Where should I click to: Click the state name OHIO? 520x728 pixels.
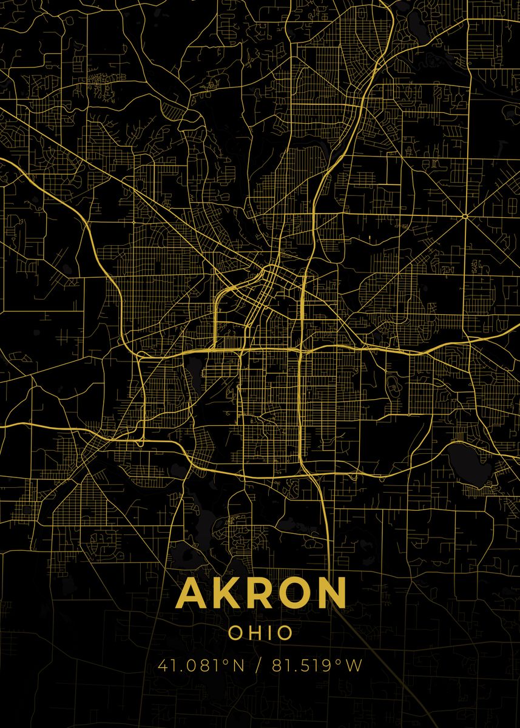[260, 633]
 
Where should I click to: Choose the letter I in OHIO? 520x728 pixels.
[270, 633]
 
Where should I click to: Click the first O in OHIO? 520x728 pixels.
[235, 633]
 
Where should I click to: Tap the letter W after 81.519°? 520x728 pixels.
[355, 666]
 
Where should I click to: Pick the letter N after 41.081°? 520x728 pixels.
[238, 666]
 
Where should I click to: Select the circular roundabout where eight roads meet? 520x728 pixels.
[465, 215]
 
